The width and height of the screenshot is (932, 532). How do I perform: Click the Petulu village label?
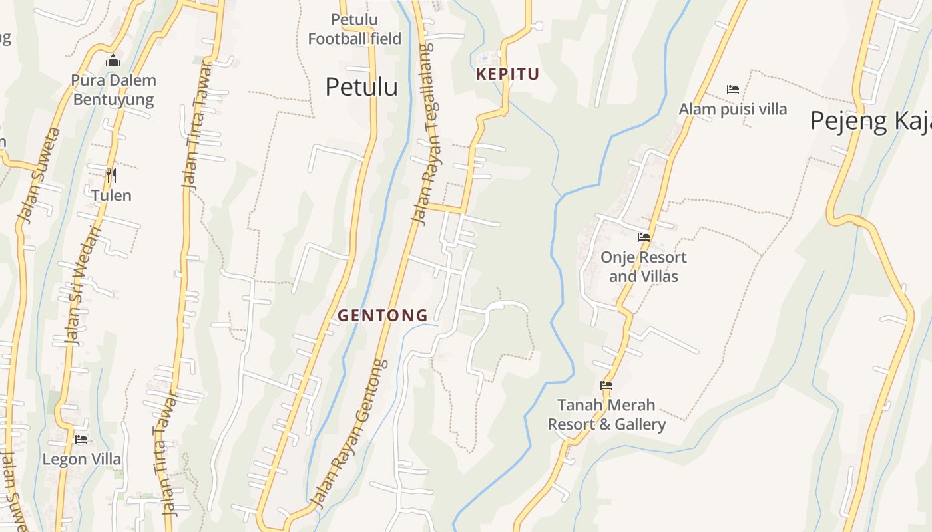[361, 87]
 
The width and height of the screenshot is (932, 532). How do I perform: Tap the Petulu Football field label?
[354, 29]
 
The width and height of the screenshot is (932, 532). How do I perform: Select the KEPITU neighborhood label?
[507, 74]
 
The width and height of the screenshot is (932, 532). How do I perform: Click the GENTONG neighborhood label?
[383, 316]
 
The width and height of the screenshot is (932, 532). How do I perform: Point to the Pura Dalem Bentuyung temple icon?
[113, 61]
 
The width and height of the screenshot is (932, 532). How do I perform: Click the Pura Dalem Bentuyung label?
[113, 90]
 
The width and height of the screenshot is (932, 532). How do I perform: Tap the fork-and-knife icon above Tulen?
[111, 176]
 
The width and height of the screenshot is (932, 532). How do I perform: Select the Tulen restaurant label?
[111, 196]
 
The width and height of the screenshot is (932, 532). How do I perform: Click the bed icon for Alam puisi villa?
[733, 90]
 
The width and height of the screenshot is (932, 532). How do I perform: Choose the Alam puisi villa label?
[733, 109]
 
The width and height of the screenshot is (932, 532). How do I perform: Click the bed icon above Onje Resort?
[643, 237]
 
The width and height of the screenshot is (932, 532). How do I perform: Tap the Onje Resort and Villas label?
[643, 267]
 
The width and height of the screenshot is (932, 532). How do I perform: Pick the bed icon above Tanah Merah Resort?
[606, 385]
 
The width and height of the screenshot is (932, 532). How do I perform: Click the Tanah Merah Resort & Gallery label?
[606, 414]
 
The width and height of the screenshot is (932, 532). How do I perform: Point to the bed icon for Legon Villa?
[81, 440]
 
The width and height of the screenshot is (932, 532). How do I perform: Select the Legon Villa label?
[82, 459]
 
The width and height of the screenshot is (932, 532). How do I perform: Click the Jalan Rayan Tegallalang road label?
[422, 133]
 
